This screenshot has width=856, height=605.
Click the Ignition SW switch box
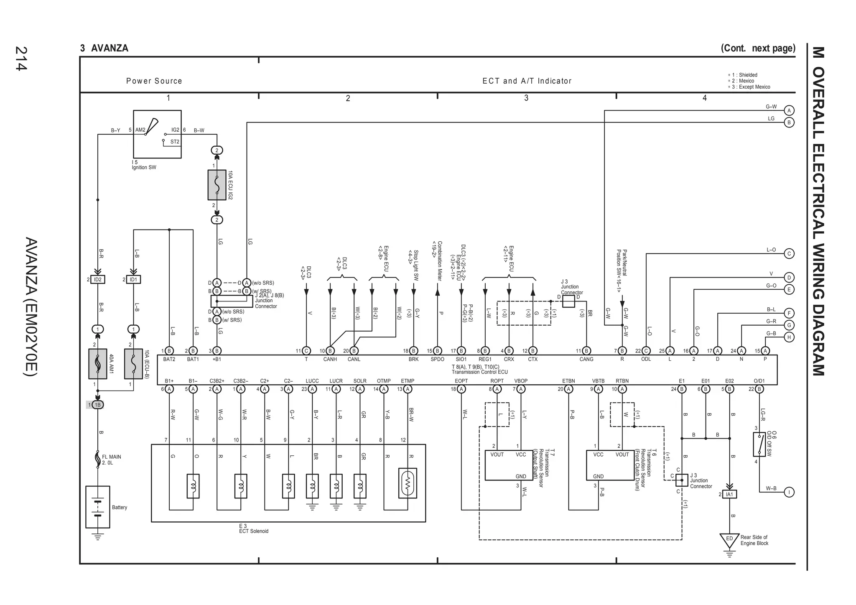point(157,134)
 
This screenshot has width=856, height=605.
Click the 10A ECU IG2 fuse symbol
point(217,185)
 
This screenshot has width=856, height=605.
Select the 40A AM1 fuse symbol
point(97,364)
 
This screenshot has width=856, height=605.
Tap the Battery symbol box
point(97,507)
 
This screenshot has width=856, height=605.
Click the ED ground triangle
point(729,539)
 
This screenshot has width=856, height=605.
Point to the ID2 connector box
point(97,279)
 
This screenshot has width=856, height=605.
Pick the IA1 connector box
point(729,494)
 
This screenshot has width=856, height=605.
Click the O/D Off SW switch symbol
point(759,444)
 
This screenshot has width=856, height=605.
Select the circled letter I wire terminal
point(789,492)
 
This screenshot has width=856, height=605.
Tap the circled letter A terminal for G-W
point(789,110)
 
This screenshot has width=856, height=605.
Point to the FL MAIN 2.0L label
point(111,459)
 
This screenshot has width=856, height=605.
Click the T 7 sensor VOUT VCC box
point(509,465)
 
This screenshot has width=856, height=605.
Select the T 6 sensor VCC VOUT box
point(610,465)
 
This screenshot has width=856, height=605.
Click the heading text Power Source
point(154,81)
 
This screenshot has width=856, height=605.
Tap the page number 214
point(21,59)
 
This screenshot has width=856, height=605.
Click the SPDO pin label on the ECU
point(437,359)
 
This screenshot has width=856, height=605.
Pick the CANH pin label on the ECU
point(330,359)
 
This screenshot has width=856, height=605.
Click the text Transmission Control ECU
point(479,372)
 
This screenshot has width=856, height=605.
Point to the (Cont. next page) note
point(757,48)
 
